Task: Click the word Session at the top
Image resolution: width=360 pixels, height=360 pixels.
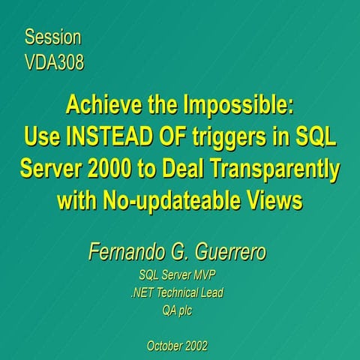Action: click(52, 37)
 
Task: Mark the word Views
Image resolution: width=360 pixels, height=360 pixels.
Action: click(272, 201)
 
